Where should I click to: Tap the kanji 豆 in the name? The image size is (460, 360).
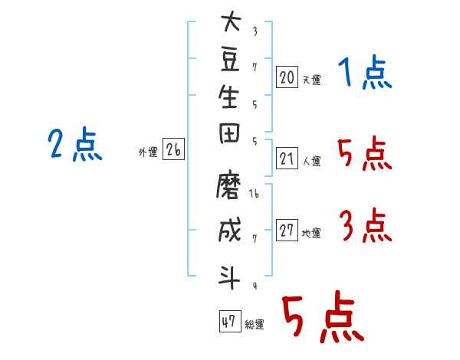click(230, 60)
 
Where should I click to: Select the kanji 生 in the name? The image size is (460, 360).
click(228, 97)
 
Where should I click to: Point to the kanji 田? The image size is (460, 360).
click(229, 133)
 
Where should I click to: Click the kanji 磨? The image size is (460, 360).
click(228, 185)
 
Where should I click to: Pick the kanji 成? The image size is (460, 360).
click(230, 230)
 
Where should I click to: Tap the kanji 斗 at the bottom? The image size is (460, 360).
click(229, 277)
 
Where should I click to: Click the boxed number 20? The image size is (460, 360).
click(287, 77)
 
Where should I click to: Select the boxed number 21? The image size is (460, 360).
click(287, 159)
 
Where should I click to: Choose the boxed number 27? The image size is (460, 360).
click(287, 230)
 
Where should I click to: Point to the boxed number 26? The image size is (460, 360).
click(174, 149)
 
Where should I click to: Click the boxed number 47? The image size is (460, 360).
click(230, 321)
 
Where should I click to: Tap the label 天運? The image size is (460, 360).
click(312, 80)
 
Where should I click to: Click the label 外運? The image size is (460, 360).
click(148, 152)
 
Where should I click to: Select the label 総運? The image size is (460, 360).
click(255, 324)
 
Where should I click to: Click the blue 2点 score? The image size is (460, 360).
click(75, 144)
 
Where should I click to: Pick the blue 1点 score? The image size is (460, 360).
click(365, 72)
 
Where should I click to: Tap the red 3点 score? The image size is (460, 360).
click(366, 225)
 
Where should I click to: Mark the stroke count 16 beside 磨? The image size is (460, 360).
click(254, 193)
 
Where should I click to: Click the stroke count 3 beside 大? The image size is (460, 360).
click(255, 31)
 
